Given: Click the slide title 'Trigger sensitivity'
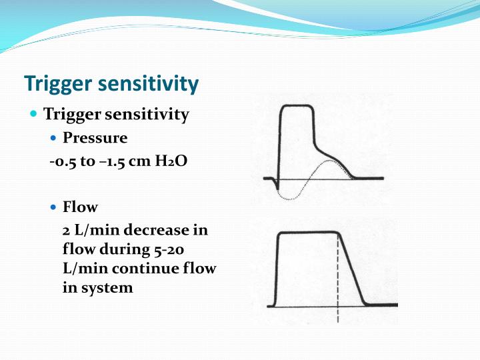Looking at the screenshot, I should [111, 84].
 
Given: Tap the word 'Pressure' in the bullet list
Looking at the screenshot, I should [95, 138].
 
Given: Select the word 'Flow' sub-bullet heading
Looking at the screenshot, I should [80, 207].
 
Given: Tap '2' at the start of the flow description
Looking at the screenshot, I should [65, 230].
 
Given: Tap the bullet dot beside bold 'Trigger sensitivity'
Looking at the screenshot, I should [35, 114].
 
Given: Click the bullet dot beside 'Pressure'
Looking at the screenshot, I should [55, 138].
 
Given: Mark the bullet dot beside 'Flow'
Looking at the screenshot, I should [55, 207].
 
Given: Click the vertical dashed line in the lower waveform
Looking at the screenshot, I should [339, 280].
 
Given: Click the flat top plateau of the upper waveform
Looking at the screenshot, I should [297, 107].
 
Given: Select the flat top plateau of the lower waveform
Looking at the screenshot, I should [307, 233].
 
